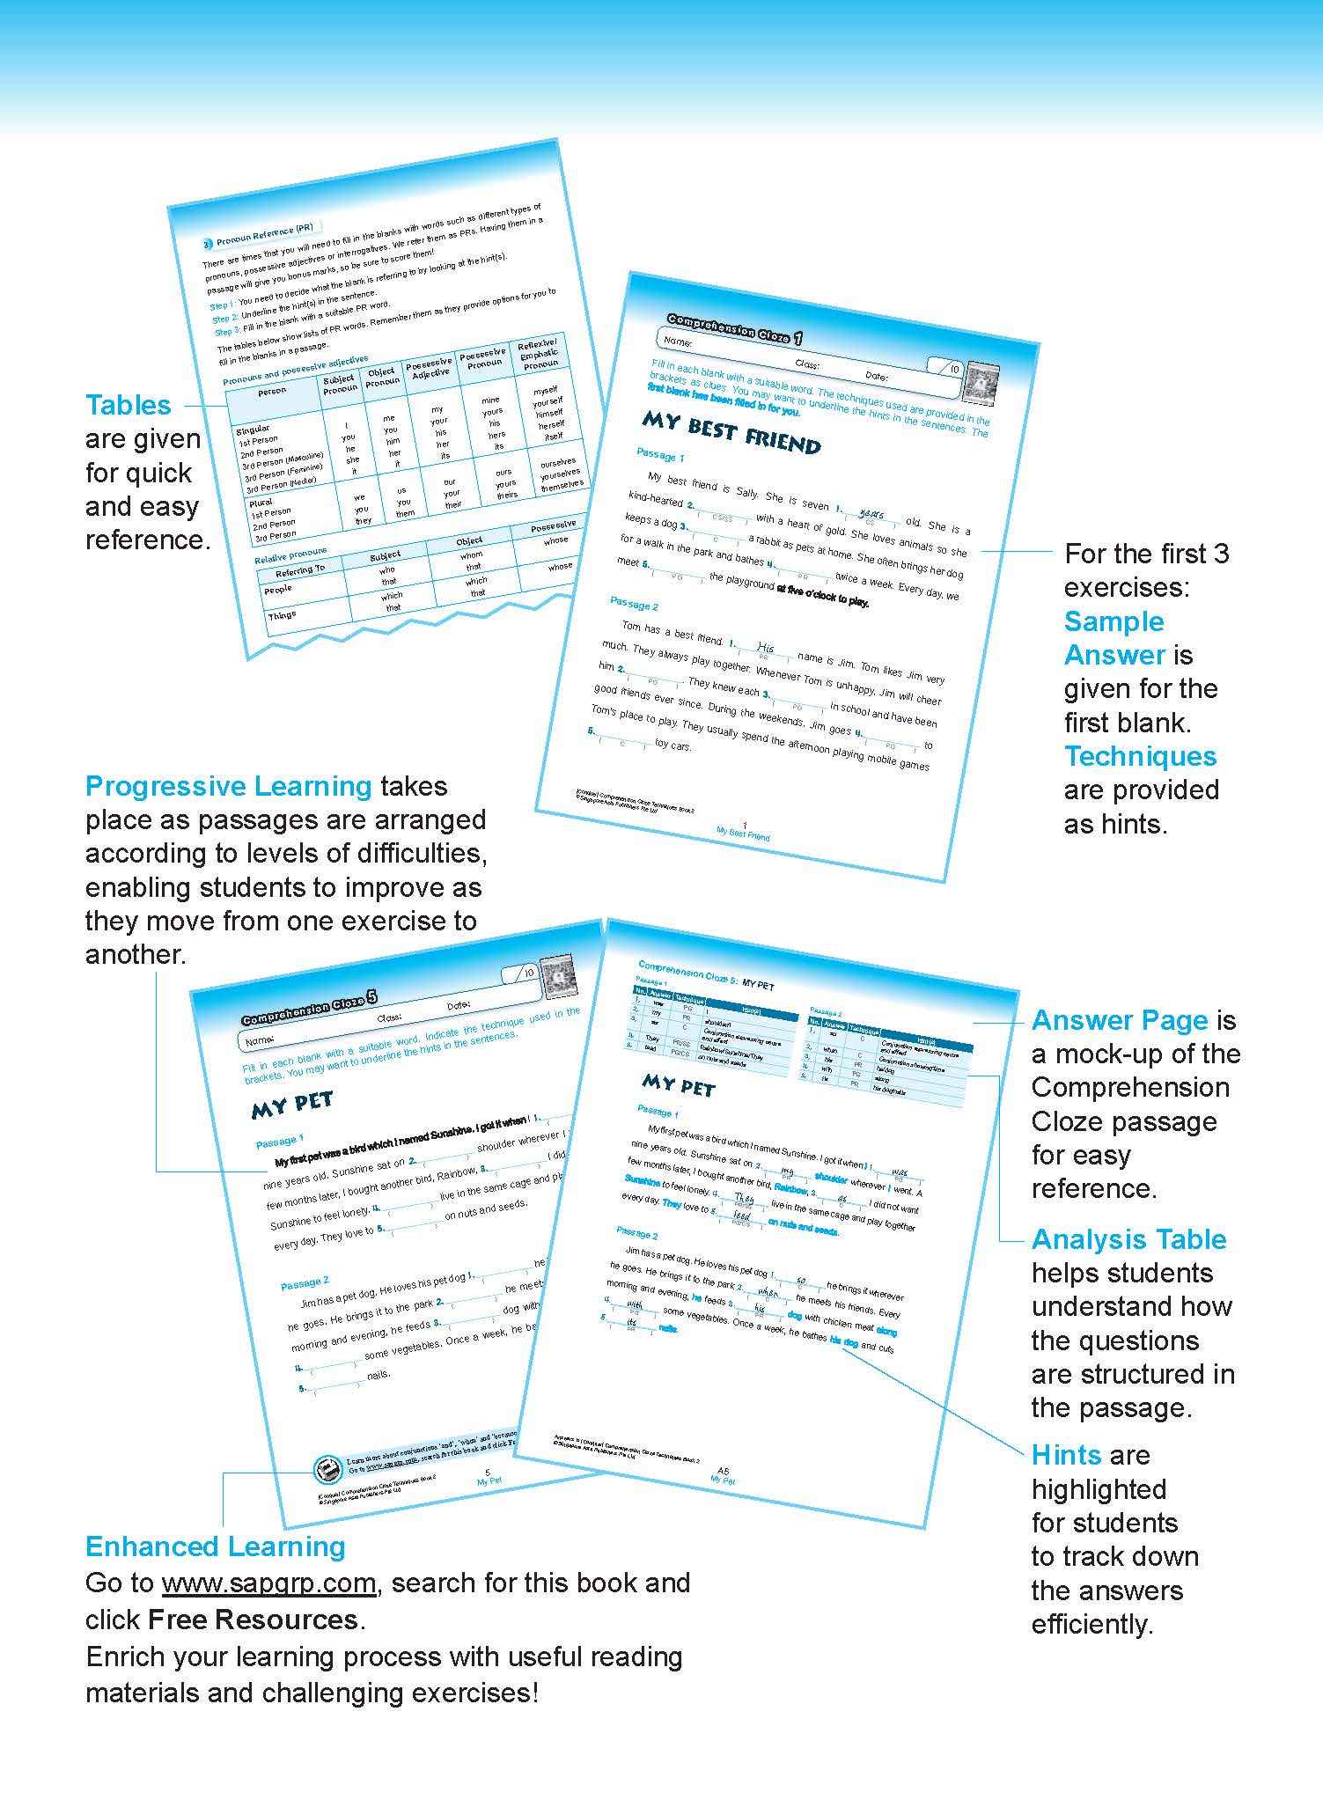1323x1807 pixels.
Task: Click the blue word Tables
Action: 129,405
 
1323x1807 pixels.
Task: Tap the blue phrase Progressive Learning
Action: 228,785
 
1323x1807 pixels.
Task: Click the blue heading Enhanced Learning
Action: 215,1546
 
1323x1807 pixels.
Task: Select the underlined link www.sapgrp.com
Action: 268,1583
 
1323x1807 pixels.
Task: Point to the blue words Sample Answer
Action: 1114,637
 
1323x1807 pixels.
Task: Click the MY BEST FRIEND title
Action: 731,432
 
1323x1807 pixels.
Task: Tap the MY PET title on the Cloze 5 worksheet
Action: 292,1105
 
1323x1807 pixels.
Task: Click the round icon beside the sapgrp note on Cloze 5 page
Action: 327,1468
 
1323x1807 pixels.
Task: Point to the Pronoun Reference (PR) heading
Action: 256,234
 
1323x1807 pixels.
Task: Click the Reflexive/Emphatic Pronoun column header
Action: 538,353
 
